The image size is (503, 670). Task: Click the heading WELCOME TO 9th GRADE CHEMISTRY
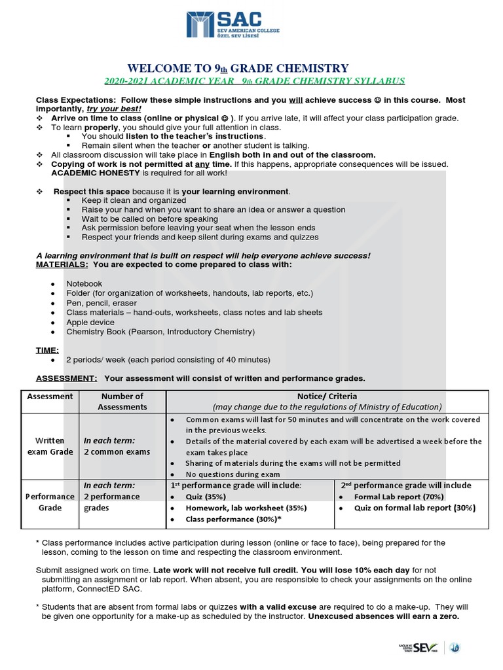238,68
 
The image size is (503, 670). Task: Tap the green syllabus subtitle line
255,81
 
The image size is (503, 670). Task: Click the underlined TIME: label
47,350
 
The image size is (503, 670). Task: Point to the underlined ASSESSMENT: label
66,378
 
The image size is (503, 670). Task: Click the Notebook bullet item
84,283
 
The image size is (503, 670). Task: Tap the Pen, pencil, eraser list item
102,303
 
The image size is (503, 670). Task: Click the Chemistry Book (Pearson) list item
160,332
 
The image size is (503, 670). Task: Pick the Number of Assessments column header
122,401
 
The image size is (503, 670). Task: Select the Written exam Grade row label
50,446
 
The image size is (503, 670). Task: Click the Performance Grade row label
50,502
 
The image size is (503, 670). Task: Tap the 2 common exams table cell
117,451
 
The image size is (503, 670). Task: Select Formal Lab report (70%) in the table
398,497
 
